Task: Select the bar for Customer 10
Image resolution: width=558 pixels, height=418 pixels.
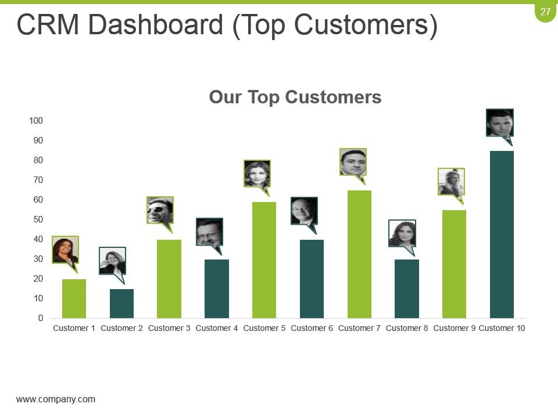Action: tap(502, 235)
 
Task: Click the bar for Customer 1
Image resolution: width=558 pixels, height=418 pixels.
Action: tap(74, 298)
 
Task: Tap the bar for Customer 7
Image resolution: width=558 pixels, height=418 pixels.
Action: tap(359, 254)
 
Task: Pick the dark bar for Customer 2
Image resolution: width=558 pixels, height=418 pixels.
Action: tap(121, 304)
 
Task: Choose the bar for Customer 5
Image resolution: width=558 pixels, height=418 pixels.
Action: tap(264, 260)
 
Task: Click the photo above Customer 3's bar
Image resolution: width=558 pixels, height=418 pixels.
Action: tap(160, 210)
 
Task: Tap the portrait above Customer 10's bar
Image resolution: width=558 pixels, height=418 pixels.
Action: tap(499, 122)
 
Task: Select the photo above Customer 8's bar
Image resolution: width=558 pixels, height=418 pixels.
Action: tap(402, 233)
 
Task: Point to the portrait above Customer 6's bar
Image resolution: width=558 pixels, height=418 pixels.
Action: tap(304, 211)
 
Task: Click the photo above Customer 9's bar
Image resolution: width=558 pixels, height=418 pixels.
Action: tap(451, 182)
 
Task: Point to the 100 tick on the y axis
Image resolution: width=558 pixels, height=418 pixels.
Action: tap(36, 121)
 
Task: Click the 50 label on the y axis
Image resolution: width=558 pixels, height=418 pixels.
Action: tap(38, 219)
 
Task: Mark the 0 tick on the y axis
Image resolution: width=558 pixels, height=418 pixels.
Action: tap(41, 318)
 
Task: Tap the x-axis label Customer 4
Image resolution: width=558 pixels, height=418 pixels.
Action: tap(217, 329)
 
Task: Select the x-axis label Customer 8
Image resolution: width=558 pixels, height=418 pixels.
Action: tap(407, 329)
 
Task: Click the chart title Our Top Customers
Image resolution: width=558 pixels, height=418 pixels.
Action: tap(295, 97)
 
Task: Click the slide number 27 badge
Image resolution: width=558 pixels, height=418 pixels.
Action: tap(545, 12)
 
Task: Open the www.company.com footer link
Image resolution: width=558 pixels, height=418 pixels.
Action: tap(56, 399)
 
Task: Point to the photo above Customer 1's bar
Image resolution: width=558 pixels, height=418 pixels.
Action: tap(65, 250)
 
